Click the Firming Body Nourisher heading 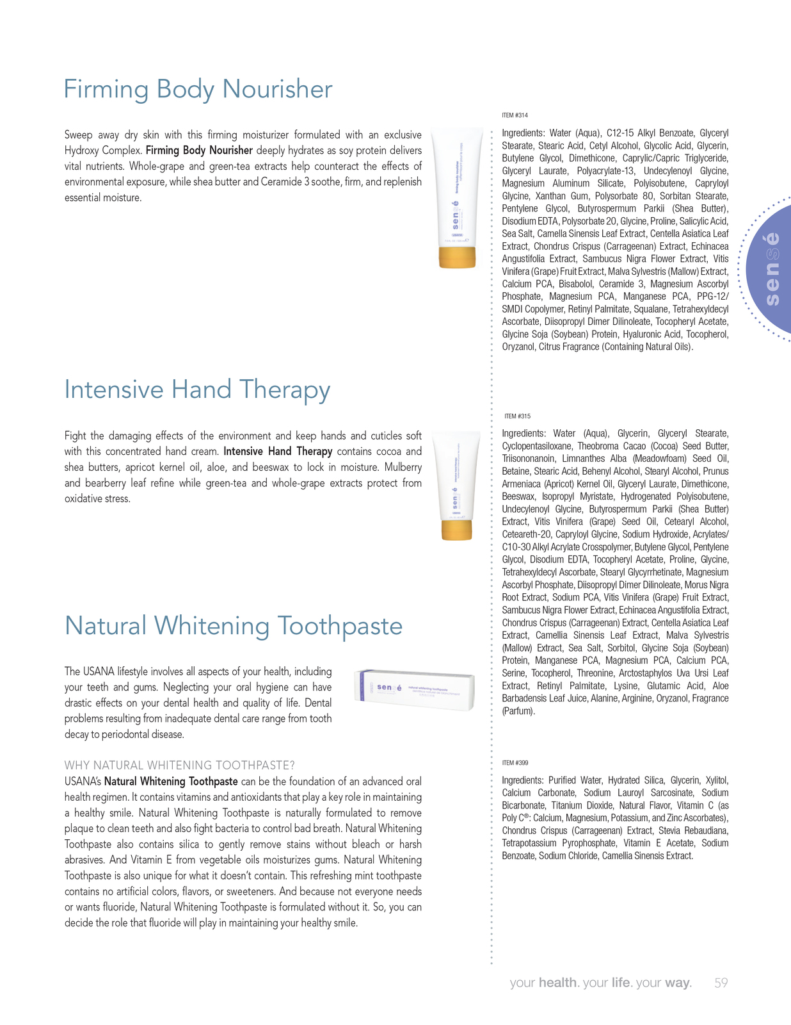[x=198, y=89]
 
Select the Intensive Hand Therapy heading [x=197, y=389]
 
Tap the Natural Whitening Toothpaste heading [x=234, y=626]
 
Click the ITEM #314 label [x=515, y=115]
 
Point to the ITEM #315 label [x=517, y=416]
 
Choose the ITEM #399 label [x=515, y=763]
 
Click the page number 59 [x=721, y=983]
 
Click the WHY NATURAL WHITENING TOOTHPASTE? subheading [x=179, y=765]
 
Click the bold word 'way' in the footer [x=678, y=983]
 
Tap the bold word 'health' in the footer [x=558, y=983]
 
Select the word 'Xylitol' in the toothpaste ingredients [x=717, y=780]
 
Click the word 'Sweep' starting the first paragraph [x=78, y=135]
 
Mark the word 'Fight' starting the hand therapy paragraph [x=75, y=436]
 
